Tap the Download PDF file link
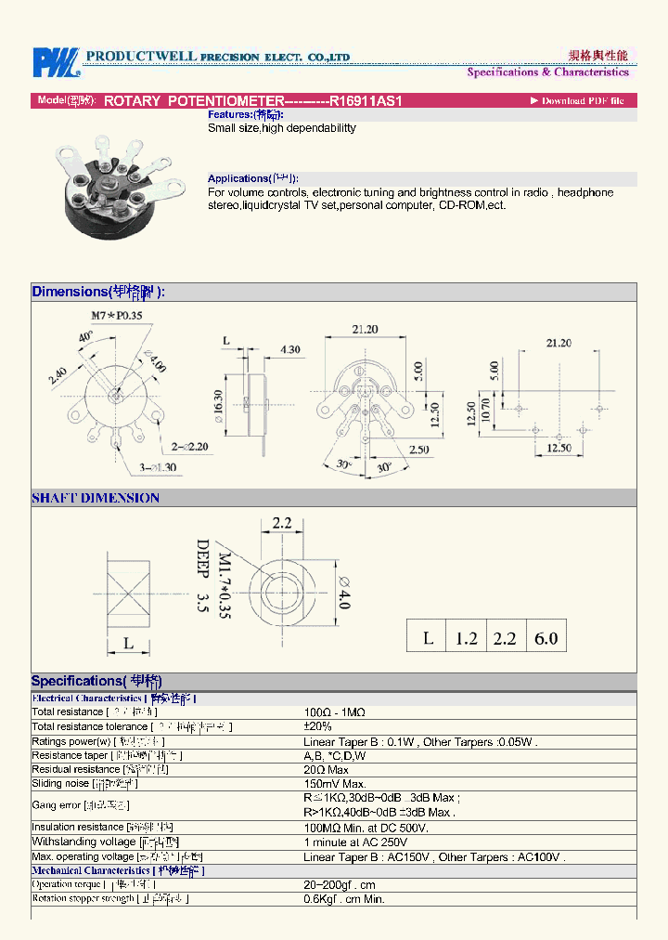coord(577,100)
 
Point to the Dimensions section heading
coord(98,292)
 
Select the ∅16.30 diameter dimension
coord(219,407)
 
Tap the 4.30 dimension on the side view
coord(289,349)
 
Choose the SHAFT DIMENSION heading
coord(96,498)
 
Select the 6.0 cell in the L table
coord(546,638)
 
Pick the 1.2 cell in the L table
coord(466,638)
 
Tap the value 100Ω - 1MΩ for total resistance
coord(334,712)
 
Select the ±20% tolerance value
coord(317,726)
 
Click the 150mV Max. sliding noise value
coord(337,784)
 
